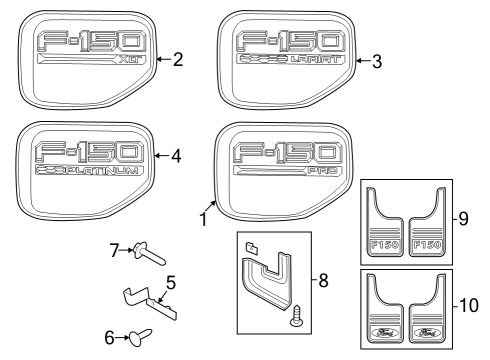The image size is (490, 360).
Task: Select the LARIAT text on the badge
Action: pos(311,62)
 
